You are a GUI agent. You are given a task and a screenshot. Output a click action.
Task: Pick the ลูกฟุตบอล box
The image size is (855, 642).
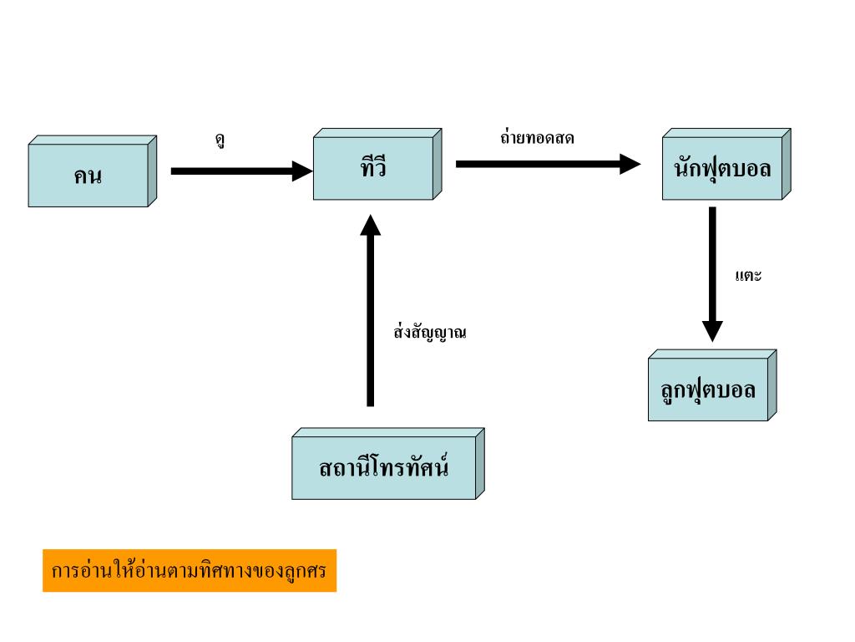(x=708, y=390)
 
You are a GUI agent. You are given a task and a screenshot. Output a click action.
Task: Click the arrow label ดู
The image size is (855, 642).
(x=219, y=140)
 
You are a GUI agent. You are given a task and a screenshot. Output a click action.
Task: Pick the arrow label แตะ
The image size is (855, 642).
(x=749, y=276)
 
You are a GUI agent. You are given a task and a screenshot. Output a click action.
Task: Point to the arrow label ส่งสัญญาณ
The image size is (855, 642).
(x=429, y=333)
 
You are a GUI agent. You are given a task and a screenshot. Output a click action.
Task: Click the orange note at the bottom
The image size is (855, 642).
(x=190, y=571)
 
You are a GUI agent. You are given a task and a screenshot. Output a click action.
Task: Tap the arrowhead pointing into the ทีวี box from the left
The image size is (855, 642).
(x=300, y=171)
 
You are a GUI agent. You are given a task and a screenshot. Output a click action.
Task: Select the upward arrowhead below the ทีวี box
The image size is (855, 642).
(x=372, y=226)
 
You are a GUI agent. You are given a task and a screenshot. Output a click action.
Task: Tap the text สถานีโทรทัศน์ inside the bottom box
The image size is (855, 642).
(x=384, y=467)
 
